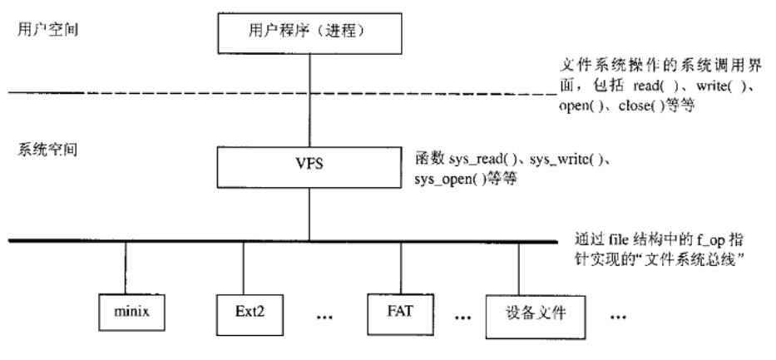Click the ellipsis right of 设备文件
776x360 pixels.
(617, 318)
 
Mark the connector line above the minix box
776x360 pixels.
(126, 267)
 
